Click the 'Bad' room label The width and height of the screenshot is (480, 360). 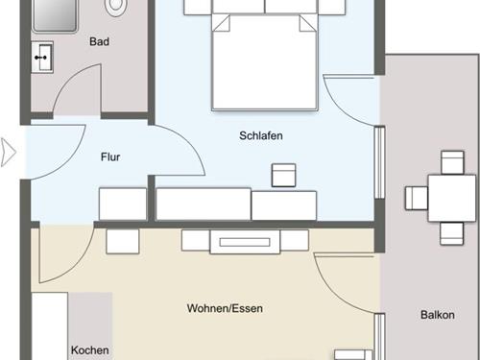pyautogui.click(x=99, y=41)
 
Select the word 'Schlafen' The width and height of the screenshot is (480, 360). pyautogui.click(x=260, y=136)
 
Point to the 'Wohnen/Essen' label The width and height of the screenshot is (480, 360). pyautogui.click(x=224, y=309)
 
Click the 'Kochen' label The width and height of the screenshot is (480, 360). pyautogui.click(x=89, y=350)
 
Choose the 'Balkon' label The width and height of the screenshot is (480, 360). pyautogui.click(x=437, y=315)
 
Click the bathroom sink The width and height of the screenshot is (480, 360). pyautogui.click(x=42, y=57)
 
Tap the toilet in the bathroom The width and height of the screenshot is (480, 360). pyautogui.click(x=116, y=6)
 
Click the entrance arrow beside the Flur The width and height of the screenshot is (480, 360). pyautogui.click(x=9, y=152)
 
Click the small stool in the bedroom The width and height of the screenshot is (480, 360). pyautogui.click(x=284, y=175)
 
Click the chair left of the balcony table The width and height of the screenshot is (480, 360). pyautogui.click(x=416, y=198)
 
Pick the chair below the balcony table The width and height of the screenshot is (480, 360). pyautogui.click(x=451, y=233)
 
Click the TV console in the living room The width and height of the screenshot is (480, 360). pyautogui.click(x=245, y=242)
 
